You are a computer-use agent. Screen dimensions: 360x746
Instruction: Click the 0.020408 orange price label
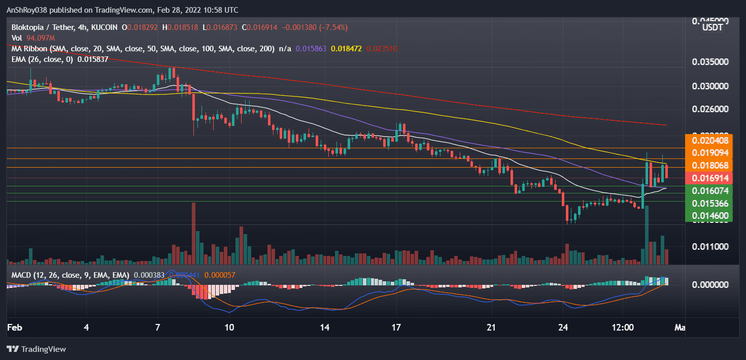710,141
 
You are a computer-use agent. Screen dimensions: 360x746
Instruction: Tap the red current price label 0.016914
710,178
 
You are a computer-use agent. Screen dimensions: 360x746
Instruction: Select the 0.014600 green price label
710,216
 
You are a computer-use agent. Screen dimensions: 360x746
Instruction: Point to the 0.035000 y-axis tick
710,62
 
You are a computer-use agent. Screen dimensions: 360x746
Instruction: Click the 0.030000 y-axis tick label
710,86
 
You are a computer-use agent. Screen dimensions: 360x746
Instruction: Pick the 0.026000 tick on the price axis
710,109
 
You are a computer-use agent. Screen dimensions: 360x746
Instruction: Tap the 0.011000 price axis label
710,247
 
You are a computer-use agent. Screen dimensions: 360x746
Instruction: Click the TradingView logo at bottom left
36,349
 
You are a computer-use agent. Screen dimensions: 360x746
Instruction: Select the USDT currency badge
712,27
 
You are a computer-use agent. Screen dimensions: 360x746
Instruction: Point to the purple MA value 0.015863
311,49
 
